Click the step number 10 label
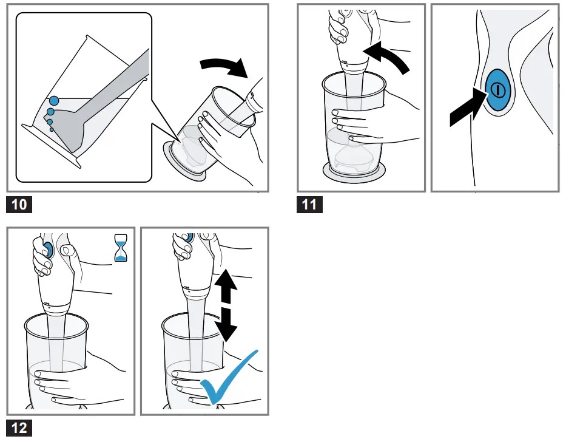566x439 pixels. point(19,204)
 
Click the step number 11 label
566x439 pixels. point(309,204)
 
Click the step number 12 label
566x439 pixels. point(19,427)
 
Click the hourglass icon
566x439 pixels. point(121,249)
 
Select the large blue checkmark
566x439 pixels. point(231,379)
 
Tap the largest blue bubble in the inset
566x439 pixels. point(54,100)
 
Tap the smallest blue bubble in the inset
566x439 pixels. point(52,129)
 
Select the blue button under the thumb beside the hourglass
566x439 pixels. point(47,248)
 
